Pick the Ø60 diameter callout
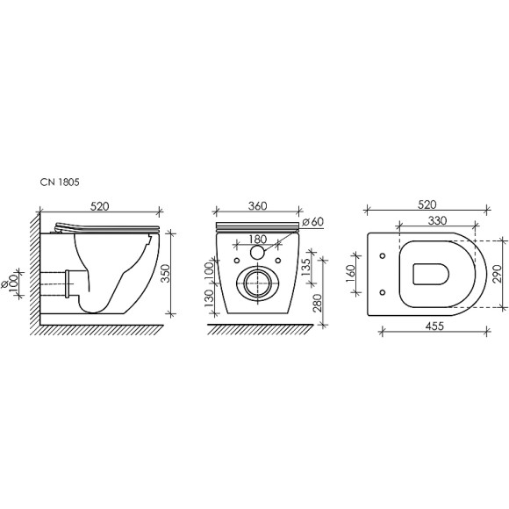[311, 221]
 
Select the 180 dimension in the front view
[258, 239]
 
